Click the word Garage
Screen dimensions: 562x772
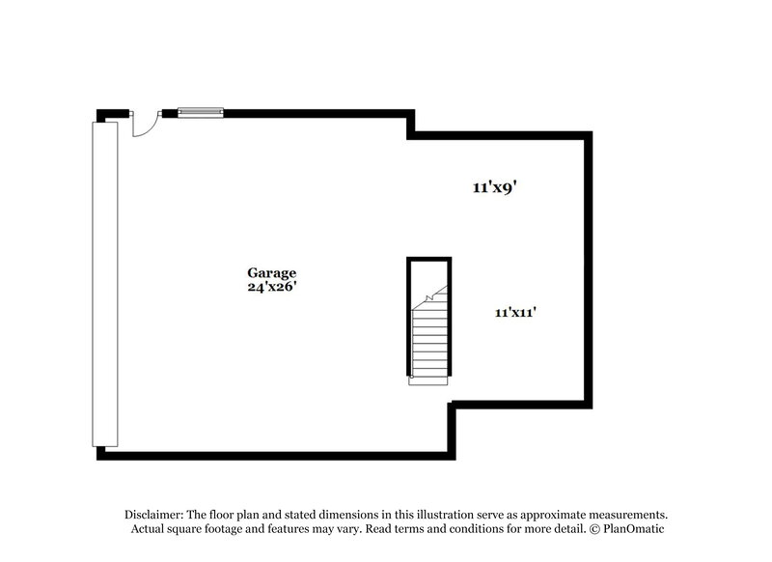271,273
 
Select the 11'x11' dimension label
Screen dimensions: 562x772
515,312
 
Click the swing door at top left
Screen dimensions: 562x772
143,124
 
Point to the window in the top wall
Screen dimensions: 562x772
200,113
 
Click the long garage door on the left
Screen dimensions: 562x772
104,284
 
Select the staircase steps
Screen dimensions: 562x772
428,343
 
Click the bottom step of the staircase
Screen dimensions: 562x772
428,380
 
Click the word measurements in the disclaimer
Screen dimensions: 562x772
624,515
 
